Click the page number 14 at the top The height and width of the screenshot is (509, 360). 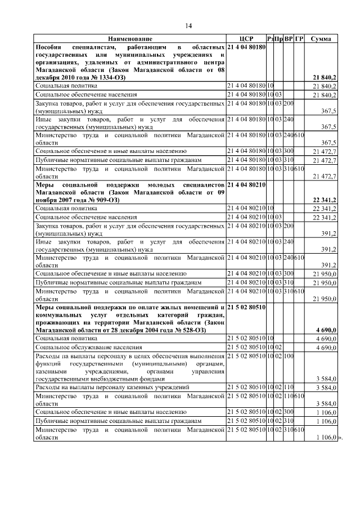click(189, 26)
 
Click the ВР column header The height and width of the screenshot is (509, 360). click(289, 39)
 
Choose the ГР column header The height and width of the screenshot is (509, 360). click(299, 39)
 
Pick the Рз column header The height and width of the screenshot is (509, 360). click(271, 39)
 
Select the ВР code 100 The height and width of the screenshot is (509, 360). click(289, 357)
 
